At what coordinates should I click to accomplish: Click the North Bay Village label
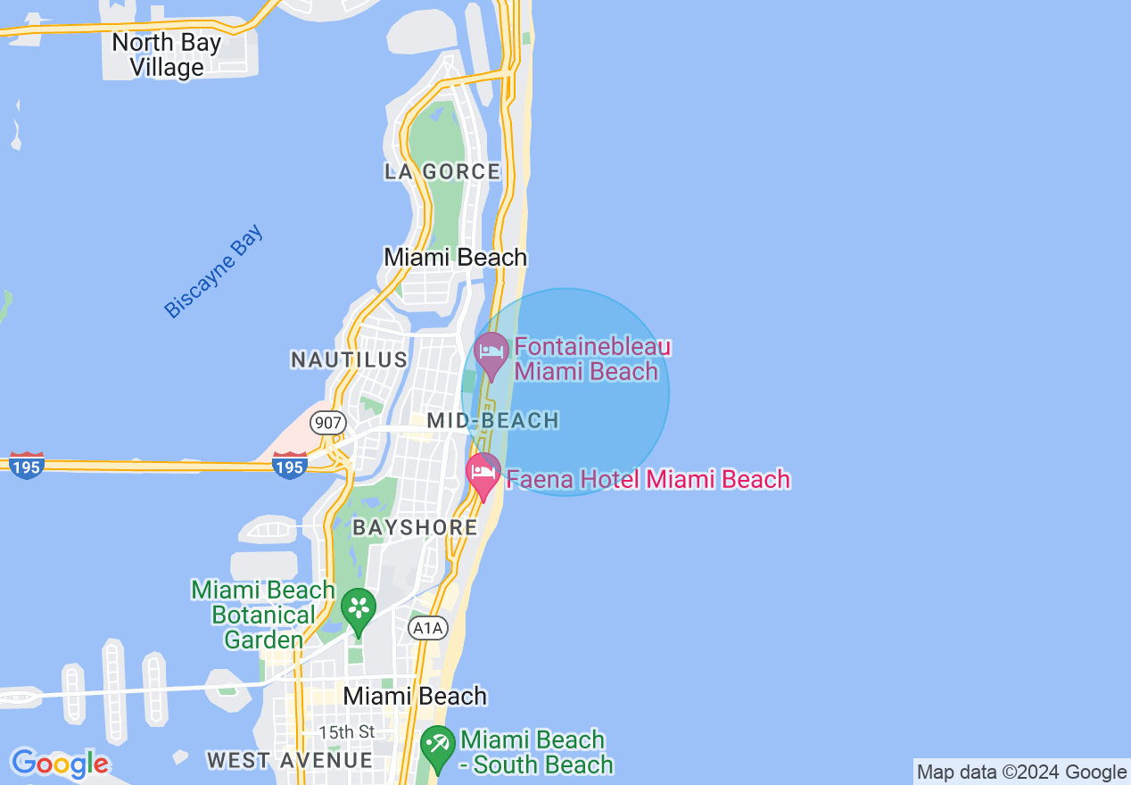[166, 54]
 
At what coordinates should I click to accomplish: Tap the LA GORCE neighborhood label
[442, 171]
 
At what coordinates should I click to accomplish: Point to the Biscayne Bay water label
[214, 272]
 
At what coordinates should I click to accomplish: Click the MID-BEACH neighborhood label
[492, 420]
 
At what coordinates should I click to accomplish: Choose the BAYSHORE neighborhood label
[416, 527]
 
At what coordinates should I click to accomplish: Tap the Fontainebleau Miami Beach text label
[591, 359]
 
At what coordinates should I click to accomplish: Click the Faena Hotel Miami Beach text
[648, 479]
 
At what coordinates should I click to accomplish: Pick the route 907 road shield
[328, 422]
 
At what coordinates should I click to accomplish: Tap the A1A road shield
[426, 628]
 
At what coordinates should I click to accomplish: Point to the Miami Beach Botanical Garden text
[263, 615]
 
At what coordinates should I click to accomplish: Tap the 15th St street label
[347, 731]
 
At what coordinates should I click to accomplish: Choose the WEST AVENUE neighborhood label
[290, 760]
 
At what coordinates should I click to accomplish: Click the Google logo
[59, 764]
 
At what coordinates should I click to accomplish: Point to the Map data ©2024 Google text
[1021, 773]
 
